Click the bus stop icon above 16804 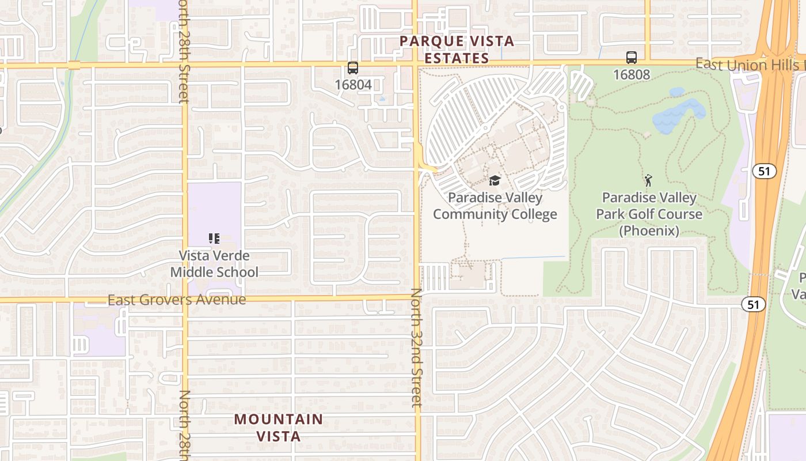click(353, 68)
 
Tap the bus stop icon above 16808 click(632, 58)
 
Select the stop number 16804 click(353, 85)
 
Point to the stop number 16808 click(632, 74)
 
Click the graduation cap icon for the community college click(495, 181)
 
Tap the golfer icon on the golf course click(649, 180)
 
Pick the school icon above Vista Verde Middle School click(214, 239)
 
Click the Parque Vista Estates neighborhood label click(457, 50)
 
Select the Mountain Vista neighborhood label click(279, 427)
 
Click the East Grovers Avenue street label click(177, 300)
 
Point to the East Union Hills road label click(748, 65)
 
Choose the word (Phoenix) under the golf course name click(649, 231)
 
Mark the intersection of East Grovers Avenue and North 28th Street click(185, 300)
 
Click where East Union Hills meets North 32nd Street click(415, 63)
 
